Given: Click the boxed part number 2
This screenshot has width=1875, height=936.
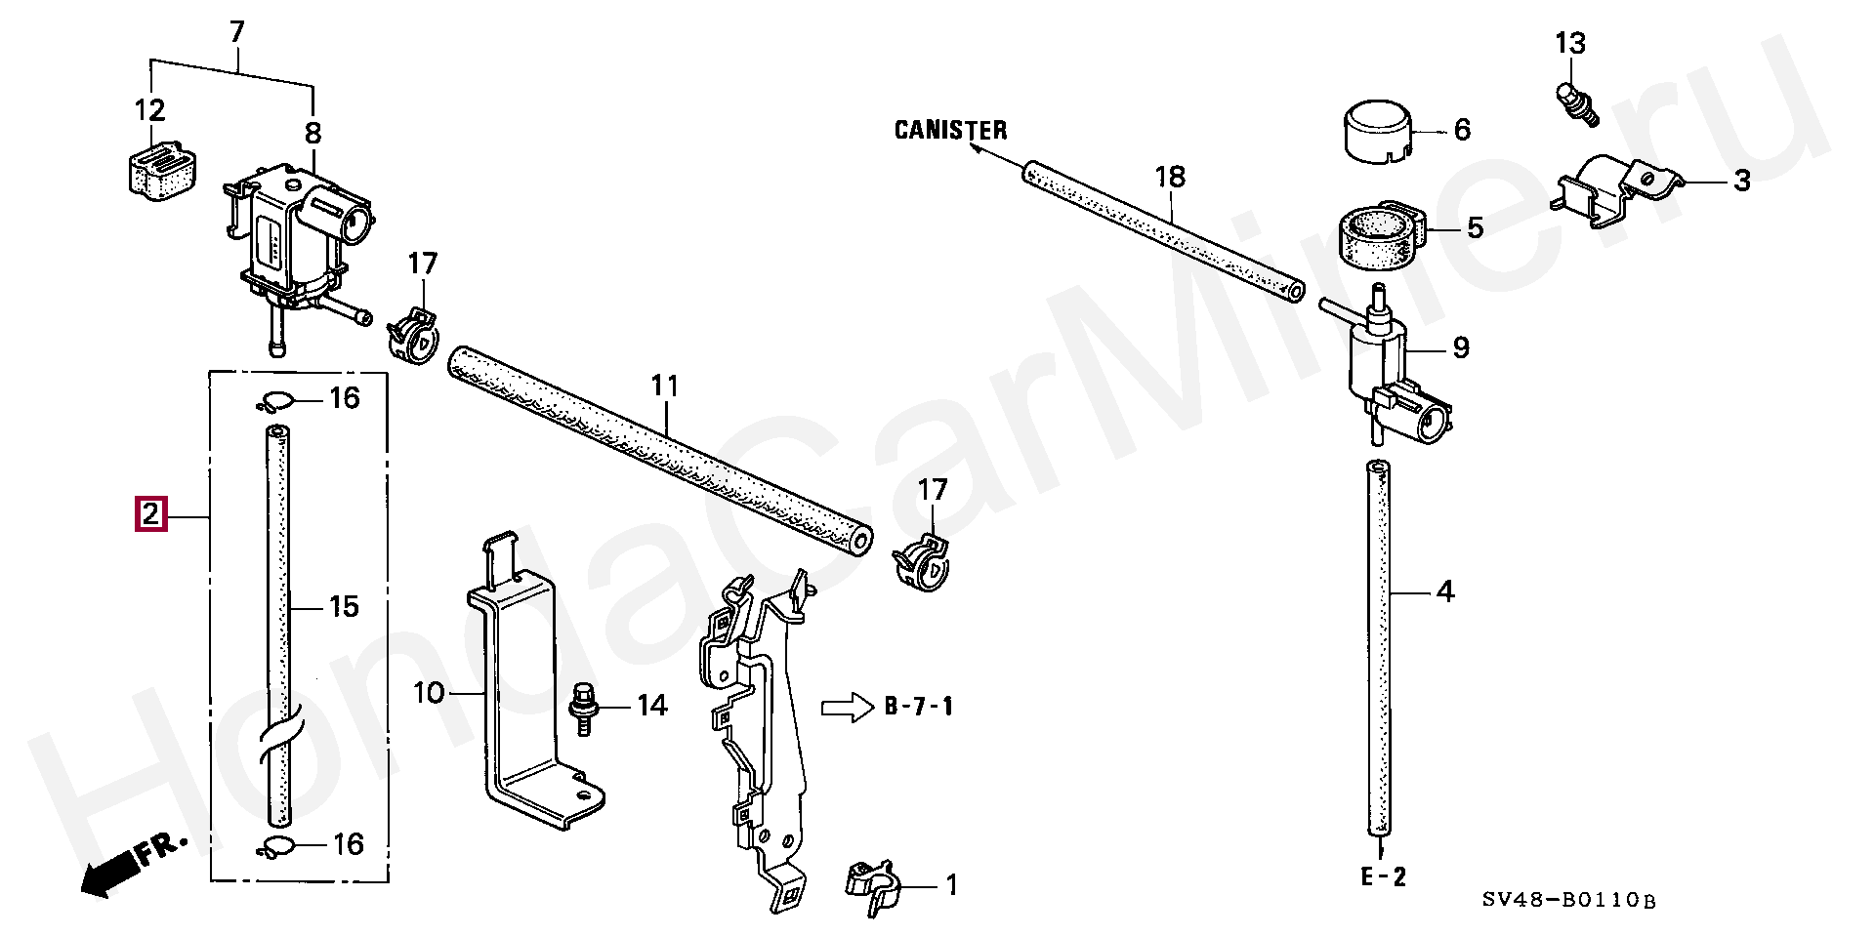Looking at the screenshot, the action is point(150,513).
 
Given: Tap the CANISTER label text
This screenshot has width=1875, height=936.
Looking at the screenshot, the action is point(950,130).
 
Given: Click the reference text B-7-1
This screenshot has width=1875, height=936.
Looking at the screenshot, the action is point(919,707).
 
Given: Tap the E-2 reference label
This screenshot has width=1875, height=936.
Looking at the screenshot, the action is point(1383,876).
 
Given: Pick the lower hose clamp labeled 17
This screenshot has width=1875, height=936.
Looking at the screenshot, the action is point(921,562).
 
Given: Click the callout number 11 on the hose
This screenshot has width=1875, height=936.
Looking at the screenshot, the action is point(664,387).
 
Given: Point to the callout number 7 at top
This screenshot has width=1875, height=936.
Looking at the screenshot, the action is point(236,32).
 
